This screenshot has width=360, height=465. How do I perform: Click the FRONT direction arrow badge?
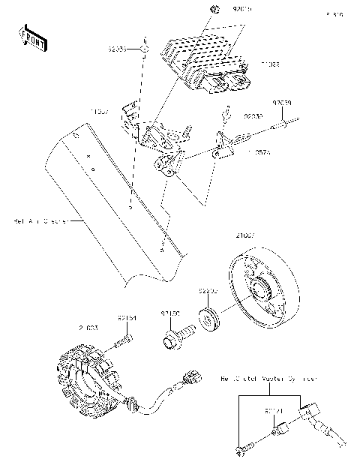30,38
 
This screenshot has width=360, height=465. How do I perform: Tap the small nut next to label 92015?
214,10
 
